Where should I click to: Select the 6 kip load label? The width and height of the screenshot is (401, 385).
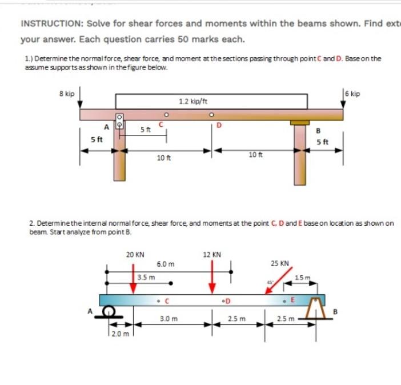click(x=353, y=93)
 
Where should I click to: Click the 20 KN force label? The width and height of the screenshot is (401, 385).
click(x=135, y=255)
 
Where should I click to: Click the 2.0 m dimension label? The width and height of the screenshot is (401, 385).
click(x=121, y=332)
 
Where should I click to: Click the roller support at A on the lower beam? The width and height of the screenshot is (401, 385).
click(x=107, y=311)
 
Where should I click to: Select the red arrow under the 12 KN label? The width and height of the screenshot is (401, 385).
click(x=212, y=278)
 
